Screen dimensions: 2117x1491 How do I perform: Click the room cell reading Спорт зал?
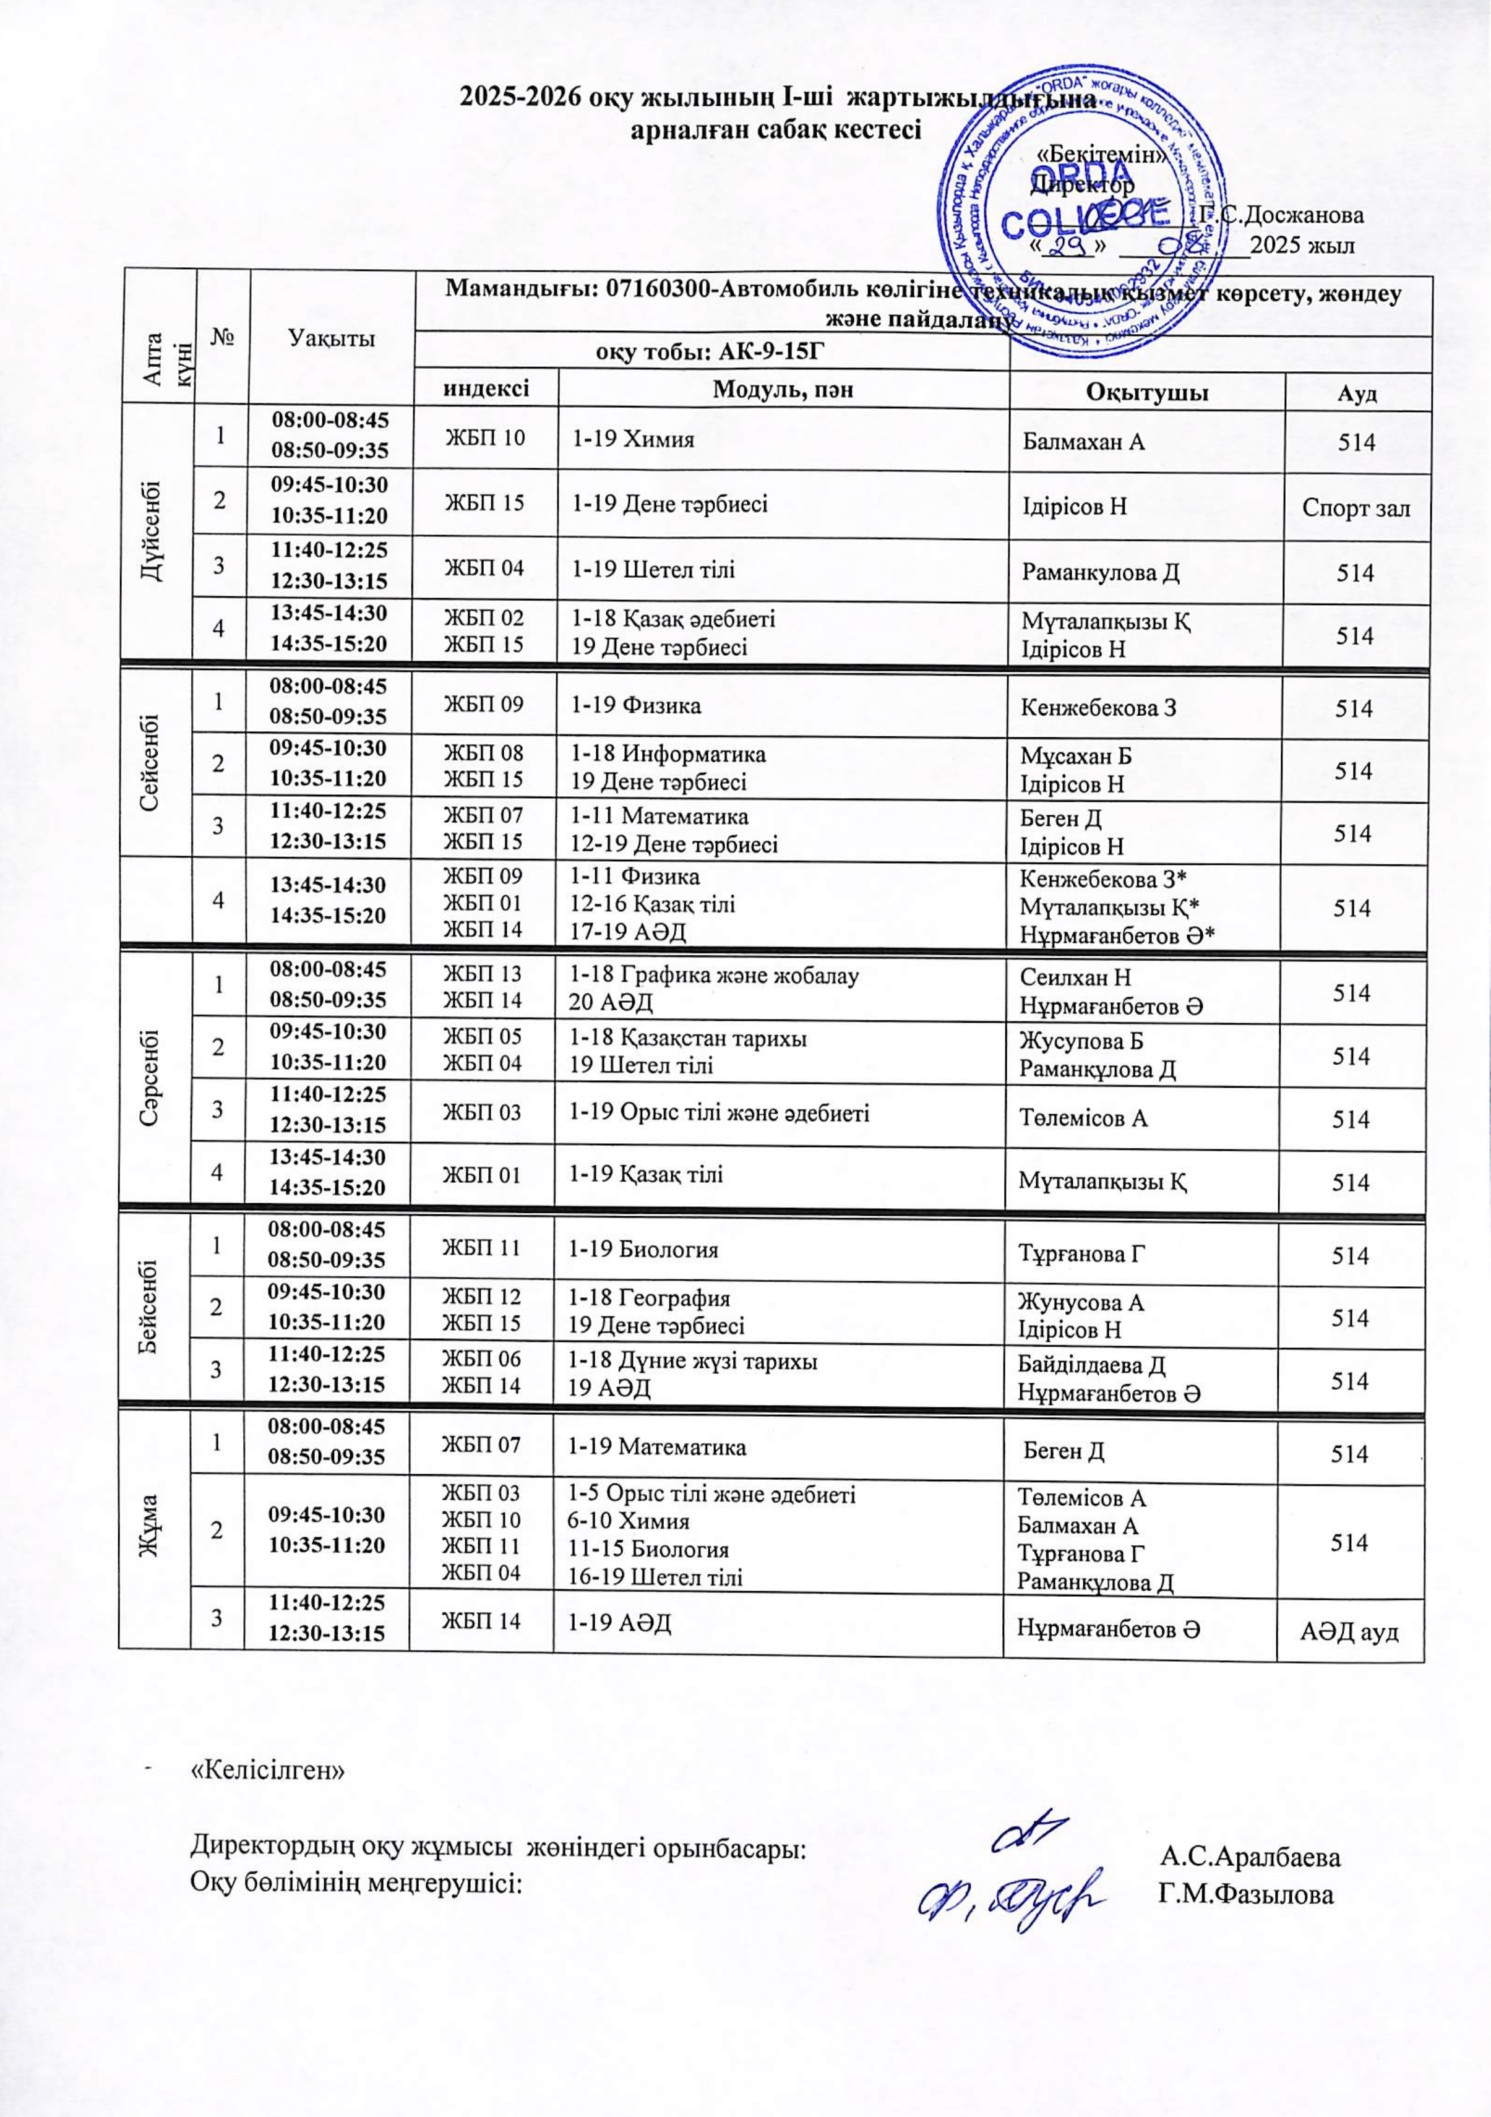[1356, 507]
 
